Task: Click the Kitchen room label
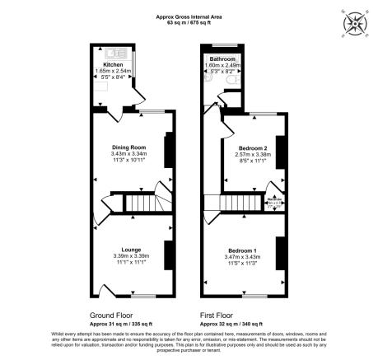[x=113, y=63]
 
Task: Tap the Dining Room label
[x=129, y=146]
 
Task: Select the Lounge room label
[x=130, y=250]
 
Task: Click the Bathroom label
[x=222, y=59]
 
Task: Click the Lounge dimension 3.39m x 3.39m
[x=130, y=256]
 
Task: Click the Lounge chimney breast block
[x=169, y=255]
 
